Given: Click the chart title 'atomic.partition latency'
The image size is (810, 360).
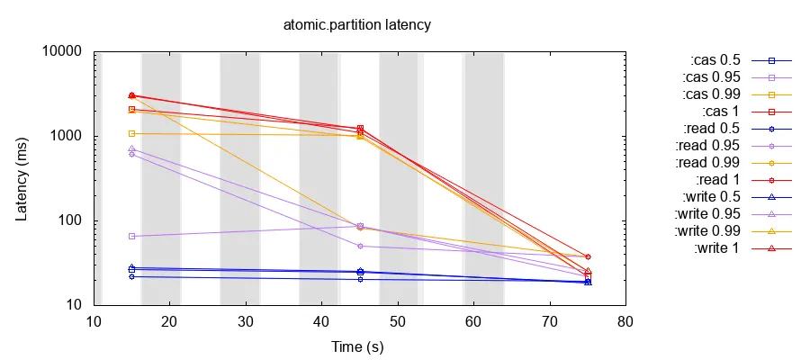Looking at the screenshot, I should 357,25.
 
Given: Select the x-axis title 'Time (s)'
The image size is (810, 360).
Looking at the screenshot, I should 357,346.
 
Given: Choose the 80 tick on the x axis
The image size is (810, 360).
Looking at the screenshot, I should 625,322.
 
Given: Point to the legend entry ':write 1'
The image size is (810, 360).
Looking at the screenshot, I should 716,248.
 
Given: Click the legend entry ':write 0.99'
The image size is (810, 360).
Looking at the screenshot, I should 707,231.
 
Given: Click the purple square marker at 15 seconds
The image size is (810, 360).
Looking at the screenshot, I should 131,236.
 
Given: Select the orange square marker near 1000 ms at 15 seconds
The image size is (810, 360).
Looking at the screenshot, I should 131,133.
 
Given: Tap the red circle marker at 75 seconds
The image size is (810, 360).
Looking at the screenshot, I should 588,257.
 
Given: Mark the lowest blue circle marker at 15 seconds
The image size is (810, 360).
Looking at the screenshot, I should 131,276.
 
